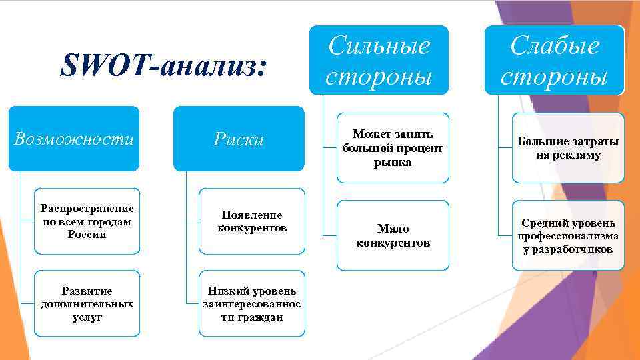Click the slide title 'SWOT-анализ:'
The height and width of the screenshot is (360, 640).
click(163, 67)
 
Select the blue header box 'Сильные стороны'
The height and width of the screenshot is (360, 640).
click(379, 61)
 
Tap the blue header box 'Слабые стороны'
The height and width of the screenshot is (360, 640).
click(554, 61)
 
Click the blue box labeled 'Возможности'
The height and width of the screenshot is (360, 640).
click(74, 139)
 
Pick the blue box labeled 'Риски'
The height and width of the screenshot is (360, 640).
click(239, 139)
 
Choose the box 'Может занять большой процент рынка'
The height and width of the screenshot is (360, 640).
click(393, 148)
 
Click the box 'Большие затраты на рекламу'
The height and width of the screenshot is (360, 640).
click(568, 148)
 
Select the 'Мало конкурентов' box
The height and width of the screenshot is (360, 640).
click(393, 235)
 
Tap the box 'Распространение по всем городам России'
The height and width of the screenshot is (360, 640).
click(87, 221)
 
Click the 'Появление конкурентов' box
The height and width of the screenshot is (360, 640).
click(252, 221)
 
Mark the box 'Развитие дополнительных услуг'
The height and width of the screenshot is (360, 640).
click(87, 304)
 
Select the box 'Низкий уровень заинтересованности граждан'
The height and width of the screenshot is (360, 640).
click(252, 304)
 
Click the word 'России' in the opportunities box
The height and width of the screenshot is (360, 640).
click(87, 235)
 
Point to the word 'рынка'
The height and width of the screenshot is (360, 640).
click(393, 162)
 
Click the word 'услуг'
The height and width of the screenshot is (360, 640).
click(87, 317)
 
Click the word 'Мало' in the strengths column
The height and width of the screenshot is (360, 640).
click(393, 229)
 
